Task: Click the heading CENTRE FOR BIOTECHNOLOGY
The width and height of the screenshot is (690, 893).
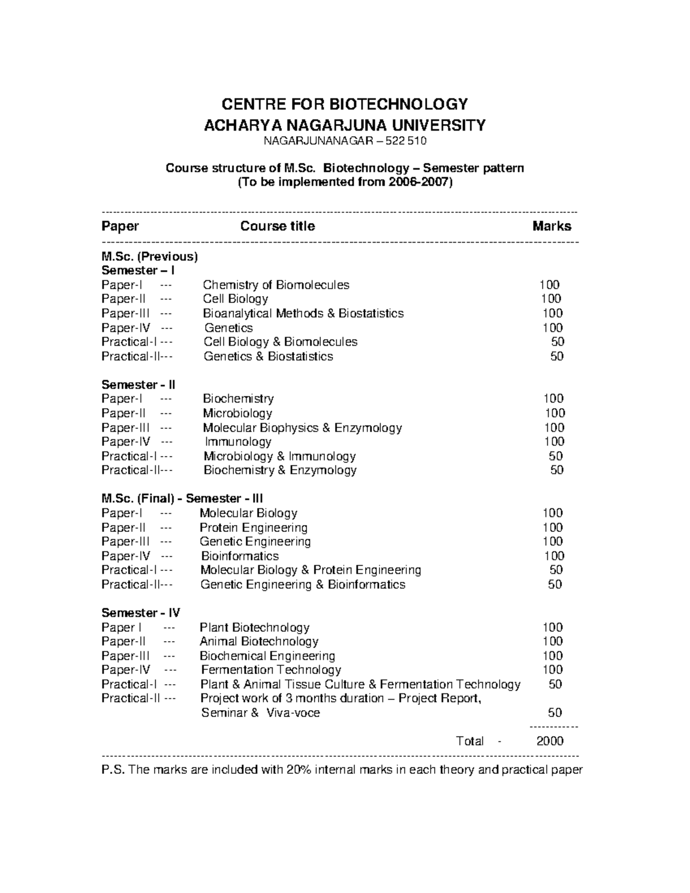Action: pyautogui.click(x=344, y=104)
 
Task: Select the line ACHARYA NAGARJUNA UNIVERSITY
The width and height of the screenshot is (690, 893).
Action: pyautogui.click(x=344, y=125)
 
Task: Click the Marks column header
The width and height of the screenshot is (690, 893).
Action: pyautogui.click(x=551, y=226)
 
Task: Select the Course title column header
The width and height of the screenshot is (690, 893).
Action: pyautogui.click(x=277, y=226)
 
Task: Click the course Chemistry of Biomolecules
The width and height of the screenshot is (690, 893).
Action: pyautogui.click(x=275, y=285)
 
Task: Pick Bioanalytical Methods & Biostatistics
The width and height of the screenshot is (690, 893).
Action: pyautogui.click(x=303, y=313)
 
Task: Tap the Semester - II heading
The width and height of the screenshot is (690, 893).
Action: pyautogui.click(x=139, y=384)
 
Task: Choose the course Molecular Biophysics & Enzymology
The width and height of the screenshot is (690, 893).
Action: pyautogui.click(x=302, y=427)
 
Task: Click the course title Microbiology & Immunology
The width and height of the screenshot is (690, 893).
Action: pyautogui.click(x=279, y=456)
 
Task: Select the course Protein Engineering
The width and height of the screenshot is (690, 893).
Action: pyautogui.click(x=253, y=527)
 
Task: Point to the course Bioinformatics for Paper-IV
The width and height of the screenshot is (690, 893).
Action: pyautogui.click(x=240, y=556)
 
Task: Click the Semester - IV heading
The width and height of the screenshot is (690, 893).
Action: pyautogui.click(x=141, y=613)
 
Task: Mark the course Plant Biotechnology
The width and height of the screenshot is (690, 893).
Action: pyautogui.click(x=254, y=627)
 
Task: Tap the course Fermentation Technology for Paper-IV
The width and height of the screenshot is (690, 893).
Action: pyautogui.click(x=271, y=670)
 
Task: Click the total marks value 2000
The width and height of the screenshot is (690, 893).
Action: pyautogui.click(x=550, y=741)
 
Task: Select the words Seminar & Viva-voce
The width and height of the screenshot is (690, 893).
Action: pyautogui.click(x=260, y=713)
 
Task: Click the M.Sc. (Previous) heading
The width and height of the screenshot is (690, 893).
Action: pyautogui.click(x=149, y=256)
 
